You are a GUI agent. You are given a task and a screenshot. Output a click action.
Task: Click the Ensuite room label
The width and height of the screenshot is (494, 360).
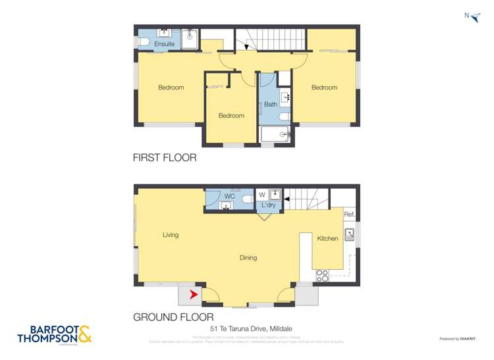(x=165, y=44)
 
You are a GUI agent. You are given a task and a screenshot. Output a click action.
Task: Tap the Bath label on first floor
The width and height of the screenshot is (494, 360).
(x=271, y=105)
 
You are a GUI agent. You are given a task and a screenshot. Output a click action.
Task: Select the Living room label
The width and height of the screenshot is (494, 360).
(x=171, y=235)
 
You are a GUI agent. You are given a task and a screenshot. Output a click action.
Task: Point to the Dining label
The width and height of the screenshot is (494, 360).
(x=248, y=258)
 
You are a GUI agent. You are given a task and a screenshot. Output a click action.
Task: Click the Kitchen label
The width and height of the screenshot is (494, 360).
(x=327, y=238)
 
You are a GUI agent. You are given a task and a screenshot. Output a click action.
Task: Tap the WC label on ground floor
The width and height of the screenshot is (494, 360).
(x=230, y=196)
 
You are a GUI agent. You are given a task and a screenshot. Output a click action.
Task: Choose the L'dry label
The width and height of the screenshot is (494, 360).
(x=268, y=206)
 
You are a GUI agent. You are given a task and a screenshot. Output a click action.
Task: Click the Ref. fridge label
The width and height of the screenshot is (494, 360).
(x=349, y=215)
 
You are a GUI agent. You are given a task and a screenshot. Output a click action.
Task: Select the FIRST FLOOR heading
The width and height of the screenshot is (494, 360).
(x=165, y=158)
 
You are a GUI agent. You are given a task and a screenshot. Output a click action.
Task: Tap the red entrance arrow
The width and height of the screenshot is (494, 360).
(x=194, y=294)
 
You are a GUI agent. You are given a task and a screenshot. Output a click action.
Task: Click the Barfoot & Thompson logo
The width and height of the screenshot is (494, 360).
(x=55, y=334)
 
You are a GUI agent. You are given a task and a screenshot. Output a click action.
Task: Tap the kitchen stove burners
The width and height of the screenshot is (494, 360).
(x=322, y=276)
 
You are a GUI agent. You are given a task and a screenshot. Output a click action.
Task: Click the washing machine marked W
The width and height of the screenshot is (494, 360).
(x=262, y=194)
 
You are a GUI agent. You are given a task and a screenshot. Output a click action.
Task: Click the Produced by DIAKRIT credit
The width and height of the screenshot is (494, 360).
(x=456, y=338)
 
